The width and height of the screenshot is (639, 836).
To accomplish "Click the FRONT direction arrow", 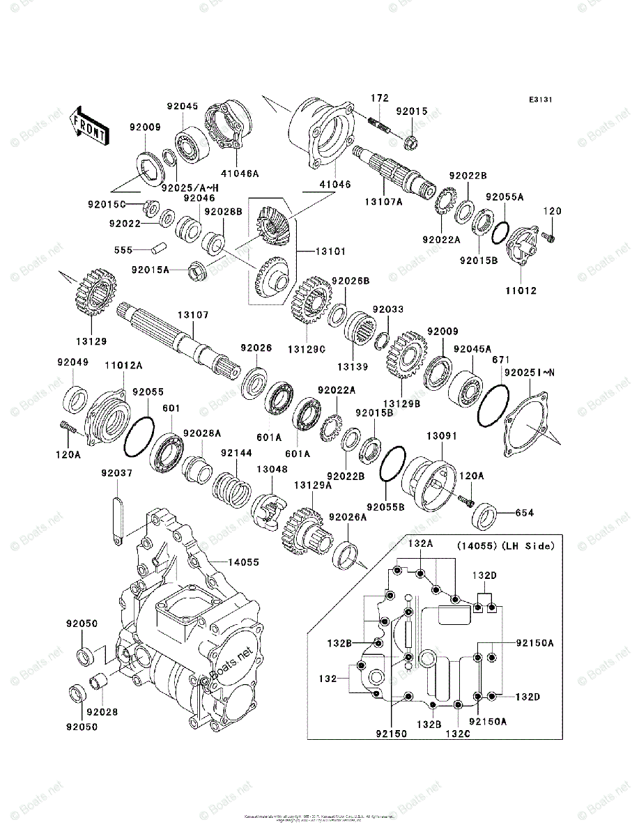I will (89, 126).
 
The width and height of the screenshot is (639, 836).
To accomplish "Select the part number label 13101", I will (330, 251).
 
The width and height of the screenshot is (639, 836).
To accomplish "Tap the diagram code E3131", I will (540, 100).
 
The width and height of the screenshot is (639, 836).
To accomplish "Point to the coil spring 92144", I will (231, 486).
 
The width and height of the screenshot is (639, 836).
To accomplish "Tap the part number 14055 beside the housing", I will (240, 561).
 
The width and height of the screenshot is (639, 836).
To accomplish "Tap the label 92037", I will (116, 473).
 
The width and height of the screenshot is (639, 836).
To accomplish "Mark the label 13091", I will (442, 435).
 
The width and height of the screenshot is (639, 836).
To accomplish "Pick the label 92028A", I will (202, 433).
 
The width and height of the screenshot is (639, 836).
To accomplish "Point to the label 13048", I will (272, 470).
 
